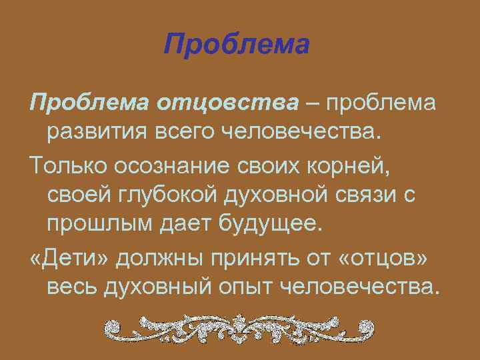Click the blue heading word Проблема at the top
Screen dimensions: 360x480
[x=237, y=46]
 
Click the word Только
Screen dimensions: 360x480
[x=63, y=163]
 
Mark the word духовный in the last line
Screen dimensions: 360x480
[x=157, y=285]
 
